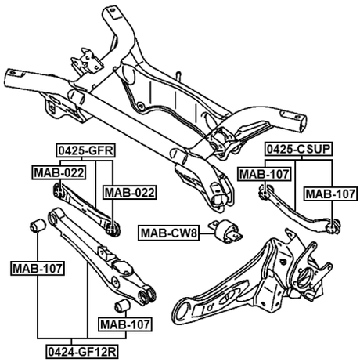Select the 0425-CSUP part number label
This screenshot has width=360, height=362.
point(297,149)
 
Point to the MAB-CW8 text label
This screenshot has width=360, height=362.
point(170,233)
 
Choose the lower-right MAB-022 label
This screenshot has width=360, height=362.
point(129,192)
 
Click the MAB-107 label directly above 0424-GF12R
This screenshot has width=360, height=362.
point(123,323)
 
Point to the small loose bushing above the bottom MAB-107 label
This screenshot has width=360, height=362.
point(121,305)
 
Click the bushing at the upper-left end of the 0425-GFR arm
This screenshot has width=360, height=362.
point(58,189)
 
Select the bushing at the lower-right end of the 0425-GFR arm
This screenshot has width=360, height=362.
point(116,228)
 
